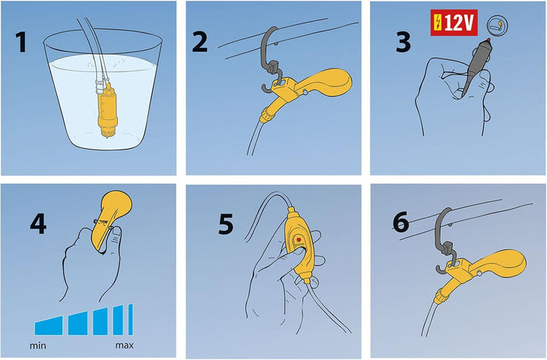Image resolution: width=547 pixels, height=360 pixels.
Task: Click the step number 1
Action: (21, 43)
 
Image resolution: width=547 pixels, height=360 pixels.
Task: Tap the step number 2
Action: (200, 42)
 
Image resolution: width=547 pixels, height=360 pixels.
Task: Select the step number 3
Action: (403, 43)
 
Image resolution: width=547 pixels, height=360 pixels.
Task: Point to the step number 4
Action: (38, 224)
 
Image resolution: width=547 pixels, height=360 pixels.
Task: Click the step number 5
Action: (226, 224)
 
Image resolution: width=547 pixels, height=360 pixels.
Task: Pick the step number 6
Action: (401, 222)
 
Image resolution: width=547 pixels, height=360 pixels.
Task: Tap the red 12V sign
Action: (454, 23)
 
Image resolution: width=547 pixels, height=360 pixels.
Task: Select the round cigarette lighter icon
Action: (497, 25)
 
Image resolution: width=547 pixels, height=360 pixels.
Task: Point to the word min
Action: (38, 346)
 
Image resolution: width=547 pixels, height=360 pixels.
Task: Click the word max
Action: (125, 346)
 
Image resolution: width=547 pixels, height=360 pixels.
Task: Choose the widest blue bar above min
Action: (49, 326)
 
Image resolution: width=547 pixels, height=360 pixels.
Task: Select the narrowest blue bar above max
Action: (131, 320)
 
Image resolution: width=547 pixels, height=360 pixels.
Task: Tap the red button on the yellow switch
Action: (299, 240)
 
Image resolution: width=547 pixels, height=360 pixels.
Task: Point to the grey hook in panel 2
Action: (272, 59)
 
